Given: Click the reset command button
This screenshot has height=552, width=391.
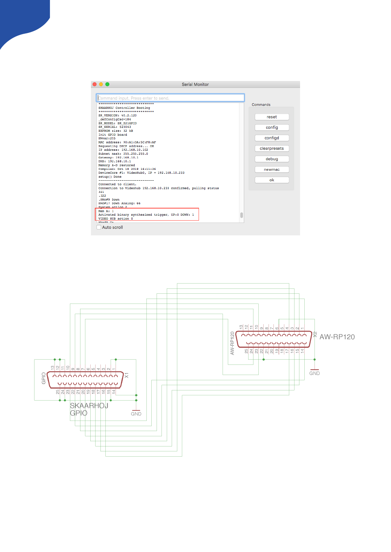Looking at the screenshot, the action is tap(272, 117).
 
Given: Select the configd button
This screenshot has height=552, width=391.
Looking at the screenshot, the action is tap(272, 138).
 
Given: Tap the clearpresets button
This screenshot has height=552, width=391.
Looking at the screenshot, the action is tap(272, 148).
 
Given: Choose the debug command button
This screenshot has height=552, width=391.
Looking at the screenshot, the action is tap(272, 159).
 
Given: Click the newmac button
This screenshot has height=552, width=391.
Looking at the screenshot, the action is tap(272, 169).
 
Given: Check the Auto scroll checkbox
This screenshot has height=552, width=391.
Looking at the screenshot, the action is tap(99, 227).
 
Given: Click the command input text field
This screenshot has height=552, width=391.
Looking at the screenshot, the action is tap(170, 98).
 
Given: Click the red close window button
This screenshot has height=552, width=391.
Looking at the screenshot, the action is tap(95, 84).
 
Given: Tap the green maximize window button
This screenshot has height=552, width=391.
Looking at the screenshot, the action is tap(107, 84).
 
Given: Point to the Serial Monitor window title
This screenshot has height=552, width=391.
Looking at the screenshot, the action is tap(195, 84).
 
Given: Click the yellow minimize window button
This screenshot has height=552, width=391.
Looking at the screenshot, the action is tap(101, 84).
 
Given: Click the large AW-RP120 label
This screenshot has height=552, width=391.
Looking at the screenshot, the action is tap(337, 337).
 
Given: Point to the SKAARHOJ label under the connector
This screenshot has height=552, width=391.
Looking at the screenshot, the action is tap(89, 406).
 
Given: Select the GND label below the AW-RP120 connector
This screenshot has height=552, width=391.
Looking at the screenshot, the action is tap(315, 373).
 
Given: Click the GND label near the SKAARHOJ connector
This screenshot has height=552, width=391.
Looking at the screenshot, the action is tap(136, 414).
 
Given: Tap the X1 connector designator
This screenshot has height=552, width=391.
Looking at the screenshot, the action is tap(127, 375).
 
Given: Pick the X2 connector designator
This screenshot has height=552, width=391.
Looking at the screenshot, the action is tap(315, 335).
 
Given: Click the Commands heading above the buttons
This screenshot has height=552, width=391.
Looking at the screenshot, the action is tap(261, 105).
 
